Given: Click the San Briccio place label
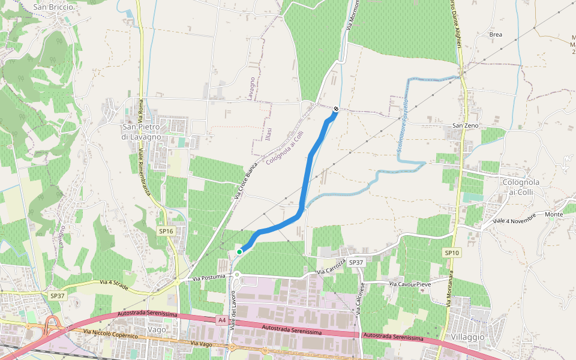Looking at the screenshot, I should point(53,7).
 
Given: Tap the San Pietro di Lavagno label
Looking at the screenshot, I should point(142,132).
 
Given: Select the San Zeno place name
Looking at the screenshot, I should point(466,125).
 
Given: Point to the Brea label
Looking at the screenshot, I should point(496,35).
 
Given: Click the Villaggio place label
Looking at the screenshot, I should point(467,337).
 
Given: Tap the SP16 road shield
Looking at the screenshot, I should point(166,231).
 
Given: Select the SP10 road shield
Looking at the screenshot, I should point(452,253).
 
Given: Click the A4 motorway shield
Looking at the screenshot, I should point(222,320).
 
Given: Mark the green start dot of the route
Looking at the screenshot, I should point(239,252).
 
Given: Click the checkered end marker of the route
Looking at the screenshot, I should point(336,109).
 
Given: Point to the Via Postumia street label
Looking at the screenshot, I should point(209,278).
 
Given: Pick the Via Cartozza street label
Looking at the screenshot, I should point(332,268).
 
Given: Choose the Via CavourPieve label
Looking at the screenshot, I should point(410,283).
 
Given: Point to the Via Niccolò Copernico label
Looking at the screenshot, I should point(111,334).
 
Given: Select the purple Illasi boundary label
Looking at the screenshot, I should point(268,134).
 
